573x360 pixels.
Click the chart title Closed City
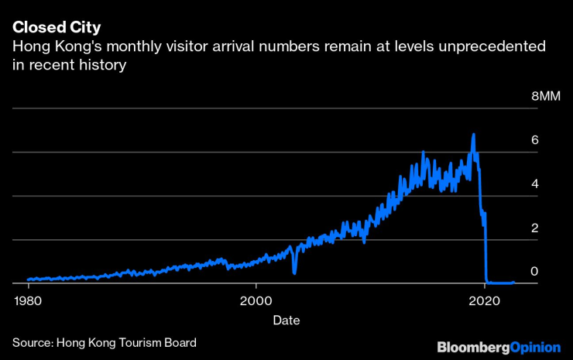[57, 29]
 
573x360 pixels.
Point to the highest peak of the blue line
[473, 135]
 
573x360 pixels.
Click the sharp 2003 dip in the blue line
[294, 273]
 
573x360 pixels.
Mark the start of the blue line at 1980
[28, 279]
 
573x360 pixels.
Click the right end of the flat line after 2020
[513, 283]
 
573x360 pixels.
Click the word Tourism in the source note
[143, 342]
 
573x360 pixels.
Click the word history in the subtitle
[98, 67]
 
